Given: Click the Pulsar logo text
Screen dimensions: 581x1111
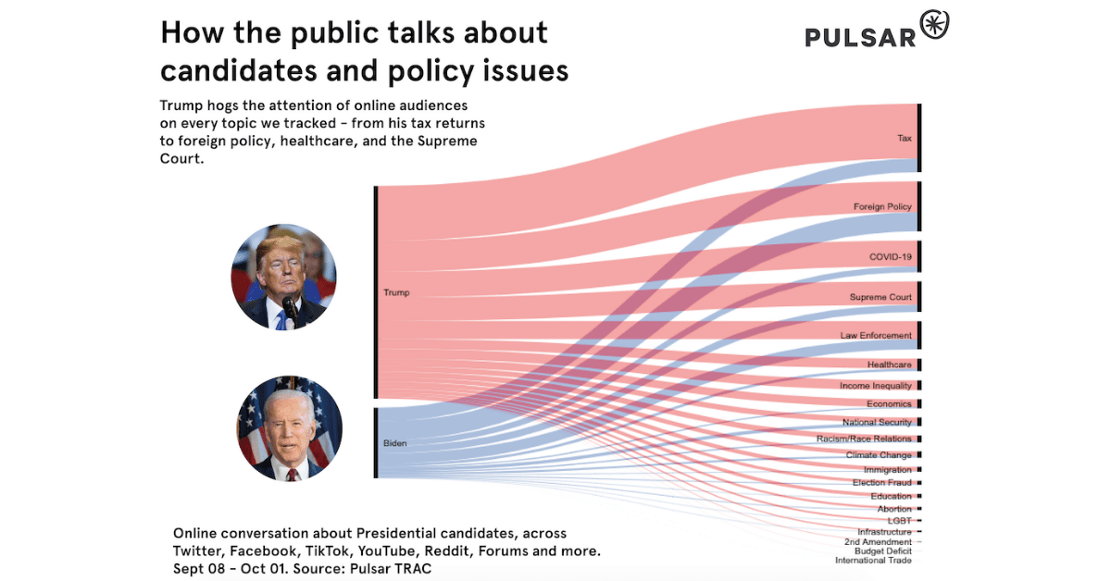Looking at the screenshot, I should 860,36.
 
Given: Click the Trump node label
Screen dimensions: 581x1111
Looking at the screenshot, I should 396,292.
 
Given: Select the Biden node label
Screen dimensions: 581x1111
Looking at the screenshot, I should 395,443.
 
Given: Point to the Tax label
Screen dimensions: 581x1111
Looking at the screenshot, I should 905,139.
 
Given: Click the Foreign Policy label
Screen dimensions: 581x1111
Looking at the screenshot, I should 882,207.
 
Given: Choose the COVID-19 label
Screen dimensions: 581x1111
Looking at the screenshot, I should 890,256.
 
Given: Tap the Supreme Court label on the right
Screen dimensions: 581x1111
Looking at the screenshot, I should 880,298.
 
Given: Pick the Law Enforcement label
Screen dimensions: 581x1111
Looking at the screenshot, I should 876,336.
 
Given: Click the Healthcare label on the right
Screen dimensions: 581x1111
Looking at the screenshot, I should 889,365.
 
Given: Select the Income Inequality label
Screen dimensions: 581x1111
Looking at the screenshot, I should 876,386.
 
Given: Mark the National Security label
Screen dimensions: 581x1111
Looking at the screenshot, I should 877,423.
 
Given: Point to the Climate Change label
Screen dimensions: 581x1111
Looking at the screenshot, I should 879,455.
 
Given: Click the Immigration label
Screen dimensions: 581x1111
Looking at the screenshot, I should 887,470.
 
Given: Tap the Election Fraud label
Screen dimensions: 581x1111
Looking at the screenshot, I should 881,483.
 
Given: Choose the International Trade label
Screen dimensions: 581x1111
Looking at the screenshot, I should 873,561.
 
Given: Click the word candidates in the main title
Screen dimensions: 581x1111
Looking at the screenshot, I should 243,69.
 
